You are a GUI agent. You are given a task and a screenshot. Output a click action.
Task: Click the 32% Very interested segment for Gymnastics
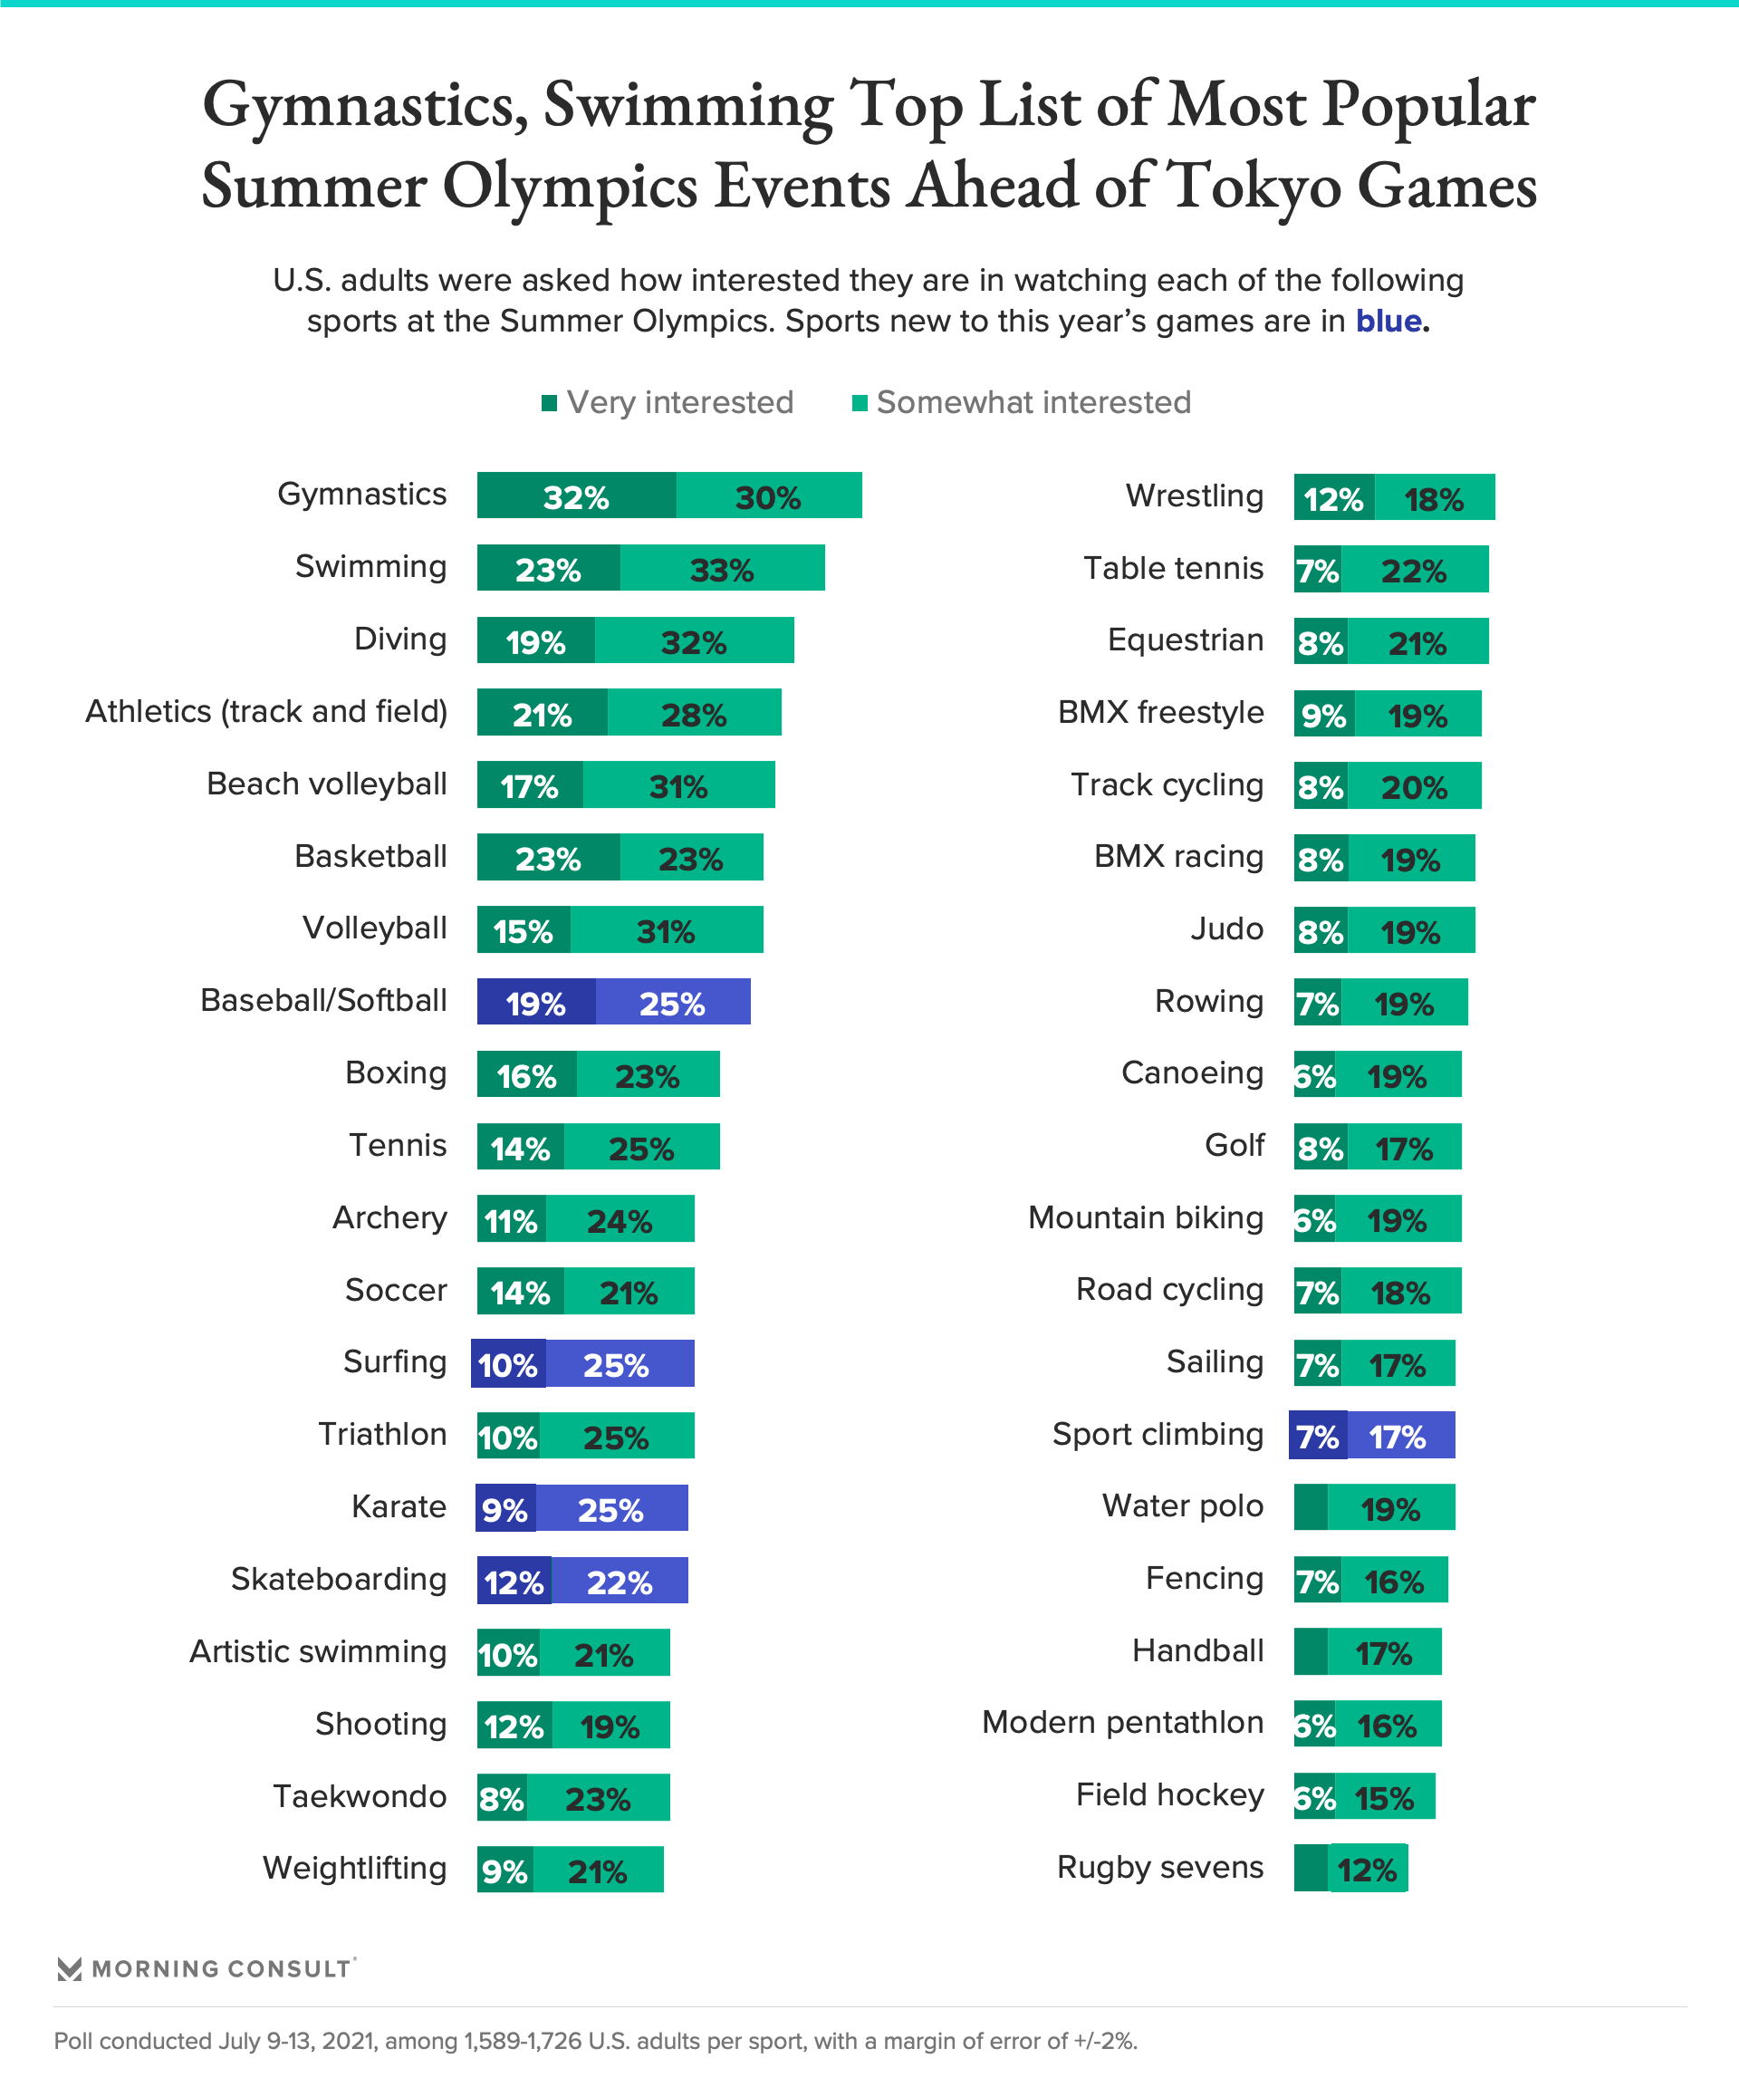click(576, 495)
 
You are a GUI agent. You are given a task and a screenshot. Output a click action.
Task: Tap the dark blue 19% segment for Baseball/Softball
click(535, 1002)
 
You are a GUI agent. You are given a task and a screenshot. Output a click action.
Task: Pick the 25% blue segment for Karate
click(611, 1507)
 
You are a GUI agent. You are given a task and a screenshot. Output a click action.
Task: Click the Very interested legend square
click(549, 402)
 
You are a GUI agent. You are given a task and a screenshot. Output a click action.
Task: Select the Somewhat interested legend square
click(860, 402)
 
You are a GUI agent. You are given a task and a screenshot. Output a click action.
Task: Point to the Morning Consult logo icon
click(69, 1968)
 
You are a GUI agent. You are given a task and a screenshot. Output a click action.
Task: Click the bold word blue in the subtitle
click(1389, 321)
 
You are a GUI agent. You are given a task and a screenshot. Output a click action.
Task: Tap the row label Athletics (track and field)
click(266, 712)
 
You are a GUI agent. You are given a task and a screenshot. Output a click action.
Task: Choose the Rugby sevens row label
click(1159, 1868)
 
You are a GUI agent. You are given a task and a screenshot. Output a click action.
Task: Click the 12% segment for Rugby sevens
click(1368, 1869)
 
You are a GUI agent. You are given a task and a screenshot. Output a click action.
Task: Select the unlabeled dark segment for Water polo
click(1310, 1506)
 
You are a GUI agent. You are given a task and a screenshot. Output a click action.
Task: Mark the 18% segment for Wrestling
click(1434, 497)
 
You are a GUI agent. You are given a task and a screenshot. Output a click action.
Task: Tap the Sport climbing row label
click(1158, 1434)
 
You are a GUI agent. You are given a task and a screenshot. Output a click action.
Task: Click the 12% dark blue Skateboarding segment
click(514, 1580)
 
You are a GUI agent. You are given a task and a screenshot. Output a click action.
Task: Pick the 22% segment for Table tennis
click(1414, 570)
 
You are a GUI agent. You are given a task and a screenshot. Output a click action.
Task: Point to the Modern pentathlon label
click(1122, 1722)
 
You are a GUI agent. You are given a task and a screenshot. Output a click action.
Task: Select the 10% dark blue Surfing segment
click(508, 1363)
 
